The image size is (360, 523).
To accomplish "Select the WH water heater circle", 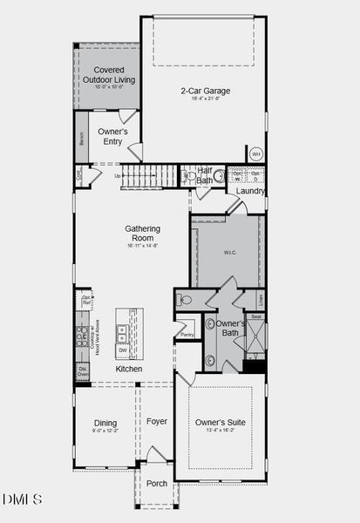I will (255, 154).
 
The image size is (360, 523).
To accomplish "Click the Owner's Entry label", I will (113, 136).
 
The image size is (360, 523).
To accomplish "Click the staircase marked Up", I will (149, 176).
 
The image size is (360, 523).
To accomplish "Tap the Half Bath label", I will (206, 176).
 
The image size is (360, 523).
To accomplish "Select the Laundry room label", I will (251, 191).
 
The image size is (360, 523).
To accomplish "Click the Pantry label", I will (186, 334).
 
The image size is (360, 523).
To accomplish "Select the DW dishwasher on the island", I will (123, 350).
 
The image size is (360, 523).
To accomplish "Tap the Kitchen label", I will (129, 369).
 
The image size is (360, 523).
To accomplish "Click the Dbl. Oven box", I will (83, 371).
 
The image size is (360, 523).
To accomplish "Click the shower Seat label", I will (255, 317).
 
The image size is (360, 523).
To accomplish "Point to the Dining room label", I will (105, 424).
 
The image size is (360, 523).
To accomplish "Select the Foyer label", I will (156, 422).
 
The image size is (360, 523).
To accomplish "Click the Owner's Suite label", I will (220, 423).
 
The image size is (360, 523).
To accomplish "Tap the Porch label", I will (156, 483).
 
